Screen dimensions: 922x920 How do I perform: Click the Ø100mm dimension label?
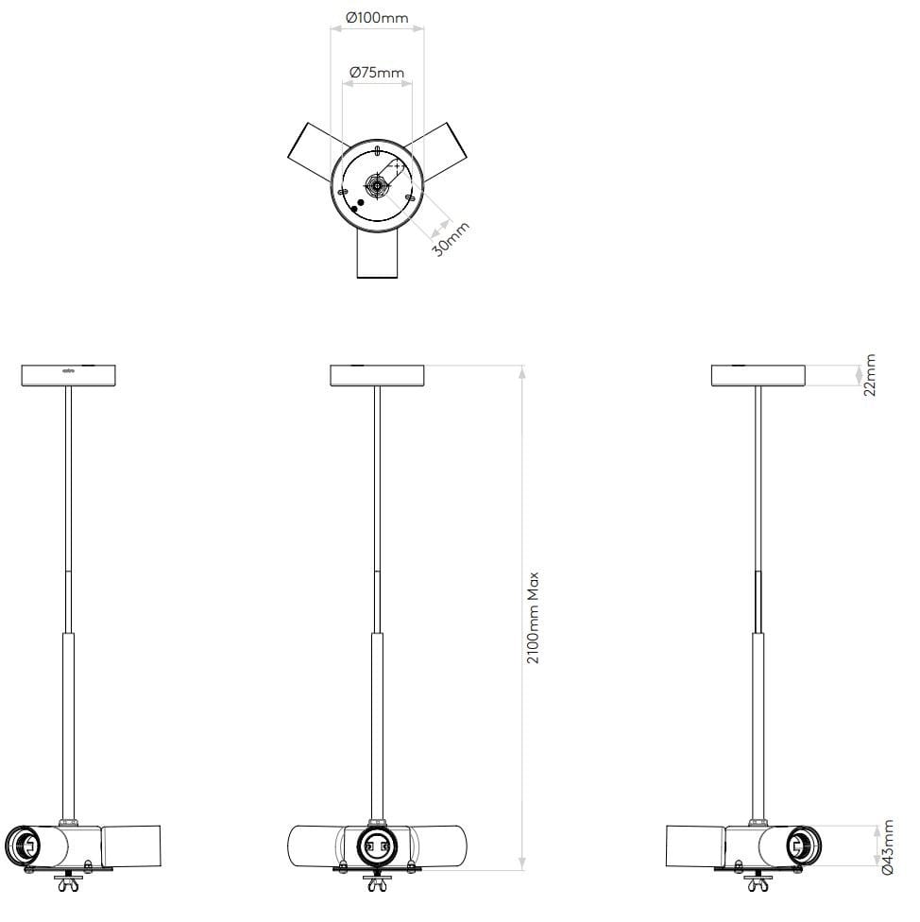pos(377,18)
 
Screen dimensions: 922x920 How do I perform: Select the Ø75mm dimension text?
pos(376,72)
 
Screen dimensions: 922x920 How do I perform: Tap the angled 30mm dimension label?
pos(450,239)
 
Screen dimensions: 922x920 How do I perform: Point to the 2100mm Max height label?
pos(534,617)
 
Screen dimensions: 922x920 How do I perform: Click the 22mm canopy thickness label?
pos(870,375)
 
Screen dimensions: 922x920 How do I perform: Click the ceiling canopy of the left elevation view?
pos(68,375)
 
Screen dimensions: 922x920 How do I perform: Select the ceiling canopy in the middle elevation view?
pos(377,375)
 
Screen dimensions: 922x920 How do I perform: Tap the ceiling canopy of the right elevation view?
pos(758,375)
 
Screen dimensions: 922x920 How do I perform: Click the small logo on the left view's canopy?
pos(68,370)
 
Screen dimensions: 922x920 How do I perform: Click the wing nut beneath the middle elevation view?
pos(376,884)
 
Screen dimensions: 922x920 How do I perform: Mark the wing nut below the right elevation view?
pos(758,884)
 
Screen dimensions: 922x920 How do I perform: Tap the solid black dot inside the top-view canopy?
pos(360,202)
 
